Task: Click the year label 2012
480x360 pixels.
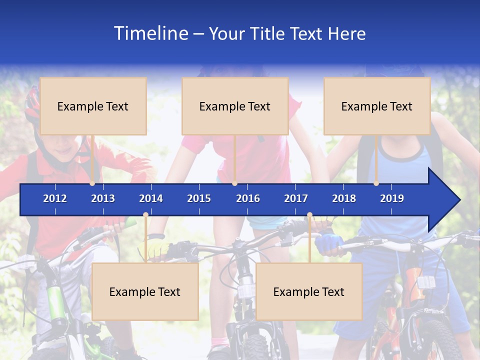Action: coord(55,198)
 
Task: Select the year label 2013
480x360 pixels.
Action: coord(103,198)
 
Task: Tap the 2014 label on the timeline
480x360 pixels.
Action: coord(151,198)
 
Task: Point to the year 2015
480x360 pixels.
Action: coord(199,198)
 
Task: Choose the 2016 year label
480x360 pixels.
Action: coord(248,198)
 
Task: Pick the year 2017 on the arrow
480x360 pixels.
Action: coord(296,198)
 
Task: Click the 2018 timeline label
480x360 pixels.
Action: coord(344,198)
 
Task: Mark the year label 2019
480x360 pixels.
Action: coord(392,198)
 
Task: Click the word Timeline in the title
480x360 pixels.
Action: coord(150,33)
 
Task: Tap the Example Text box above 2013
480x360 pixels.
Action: coord(93,106)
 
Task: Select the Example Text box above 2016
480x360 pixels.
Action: coord(235,106)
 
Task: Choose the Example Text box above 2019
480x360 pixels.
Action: coord(377,106)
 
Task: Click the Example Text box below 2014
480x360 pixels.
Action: coord(145,291)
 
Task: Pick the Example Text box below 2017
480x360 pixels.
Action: coord(309,291)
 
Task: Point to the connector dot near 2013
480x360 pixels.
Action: coord(92,183)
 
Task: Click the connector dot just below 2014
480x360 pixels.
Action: coord(145,215)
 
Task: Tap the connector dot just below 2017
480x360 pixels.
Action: coord(309,215)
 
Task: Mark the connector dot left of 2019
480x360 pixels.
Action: coord(376,183)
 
